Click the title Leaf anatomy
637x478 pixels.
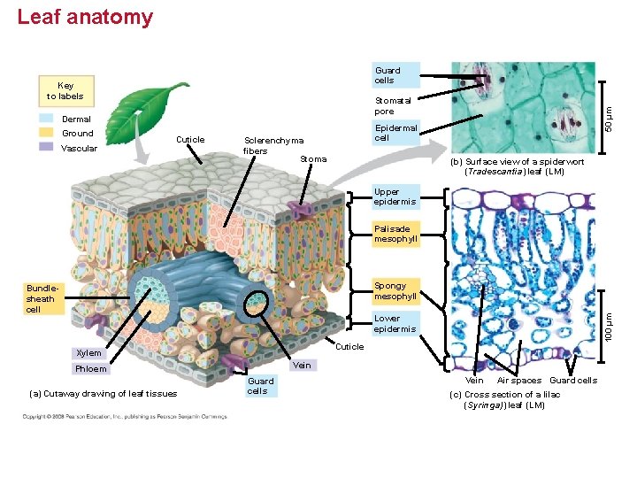point(85,18)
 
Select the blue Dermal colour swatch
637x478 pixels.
point(47,119)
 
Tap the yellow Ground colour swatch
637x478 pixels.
point(47,134)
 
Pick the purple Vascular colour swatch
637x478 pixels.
point(47,148)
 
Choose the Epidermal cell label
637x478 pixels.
point(395,133)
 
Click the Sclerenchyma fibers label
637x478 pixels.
point(273,145)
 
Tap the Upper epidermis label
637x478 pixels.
point(394,197)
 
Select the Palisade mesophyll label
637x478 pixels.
point(395,234)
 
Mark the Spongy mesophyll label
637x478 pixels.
point(395,291)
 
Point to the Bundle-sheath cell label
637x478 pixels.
point(41,298)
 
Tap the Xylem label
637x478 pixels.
point(88,353)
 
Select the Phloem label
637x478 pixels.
point(91,369)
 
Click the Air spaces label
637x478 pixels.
point(519,381)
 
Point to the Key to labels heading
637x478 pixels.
point(65,91)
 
